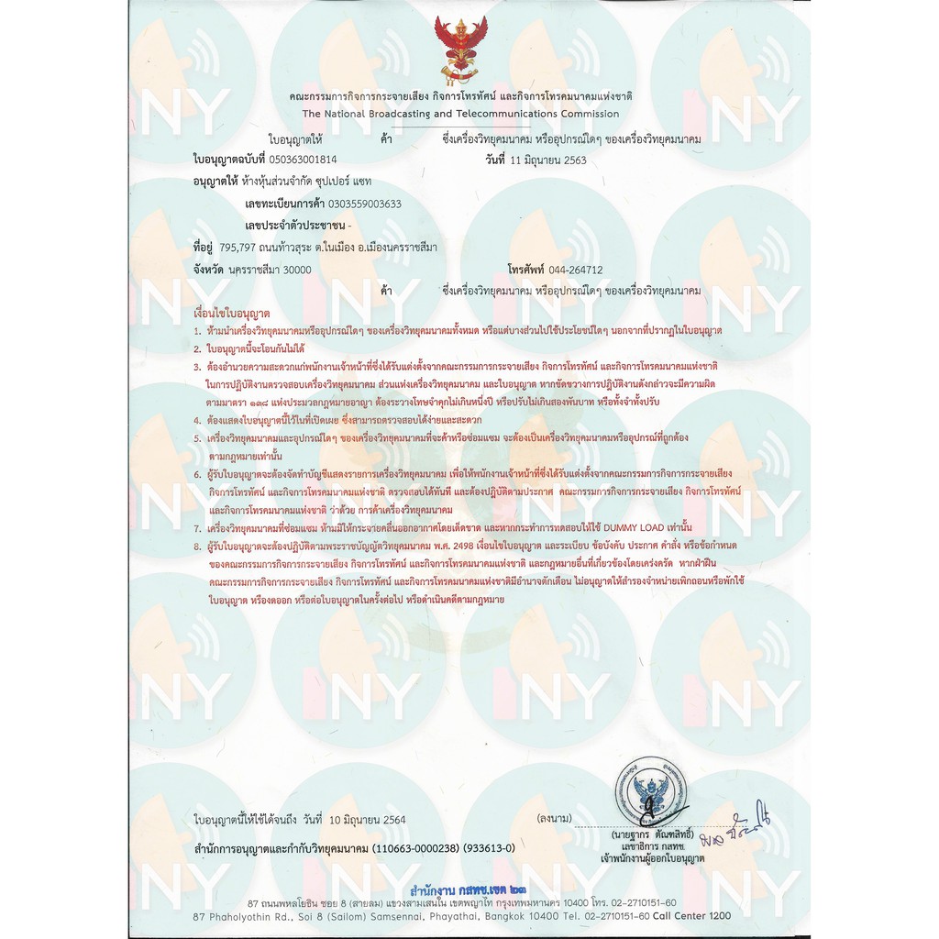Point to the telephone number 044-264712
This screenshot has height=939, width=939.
(576, 270)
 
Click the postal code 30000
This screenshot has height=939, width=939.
(295, 270)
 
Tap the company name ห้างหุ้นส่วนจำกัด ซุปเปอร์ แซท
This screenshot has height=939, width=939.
(307, 182)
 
